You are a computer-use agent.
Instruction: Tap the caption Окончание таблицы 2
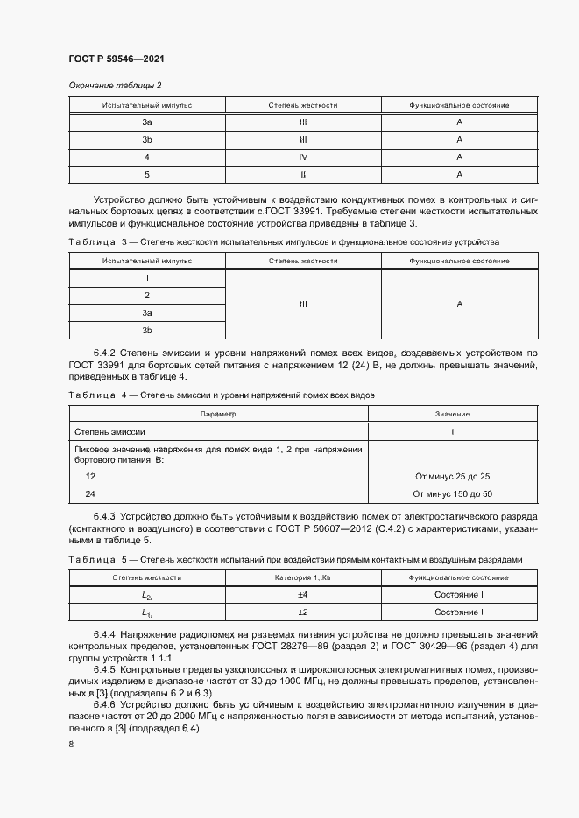[x=114, y=85]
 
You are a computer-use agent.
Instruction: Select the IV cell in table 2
[x=302, y=157]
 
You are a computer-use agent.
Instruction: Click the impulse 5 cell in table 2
[x=147, y=175]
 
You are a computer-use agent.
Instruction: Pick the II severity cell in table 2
[x=302, y=175]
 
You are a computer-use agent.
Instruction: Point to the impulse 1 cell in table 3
[x=147, y=278]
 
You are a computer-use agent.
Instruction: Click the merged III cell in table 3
[x=302, y=304]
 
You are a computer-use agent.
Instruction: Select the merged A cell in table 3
[x=459, y=304]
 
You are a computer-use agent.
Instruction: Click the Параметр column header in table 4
[x=218, y=414]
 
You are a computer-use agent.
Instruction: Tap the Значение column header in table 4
[x=452, y=414]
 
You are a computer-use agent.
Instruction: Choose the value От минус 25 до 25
[x=452, y=476]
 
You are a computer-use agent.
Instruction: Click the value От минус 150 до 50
[x=452, y=493]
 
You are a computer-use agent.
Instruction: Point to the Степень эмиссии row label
[x=109, y=431]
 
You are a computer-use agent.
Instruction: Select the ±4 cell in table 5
[x=302, y=595]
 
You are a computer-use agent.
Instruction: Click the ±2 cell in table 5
[x=302, y=612]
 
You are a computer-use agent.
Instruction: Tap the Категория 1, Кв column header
[x=302, y=577]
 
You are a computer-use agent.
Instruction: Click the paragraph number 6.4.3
[x=104, y=517]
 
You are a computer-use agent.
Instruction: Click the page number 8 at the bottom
[x=71, y=744]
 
